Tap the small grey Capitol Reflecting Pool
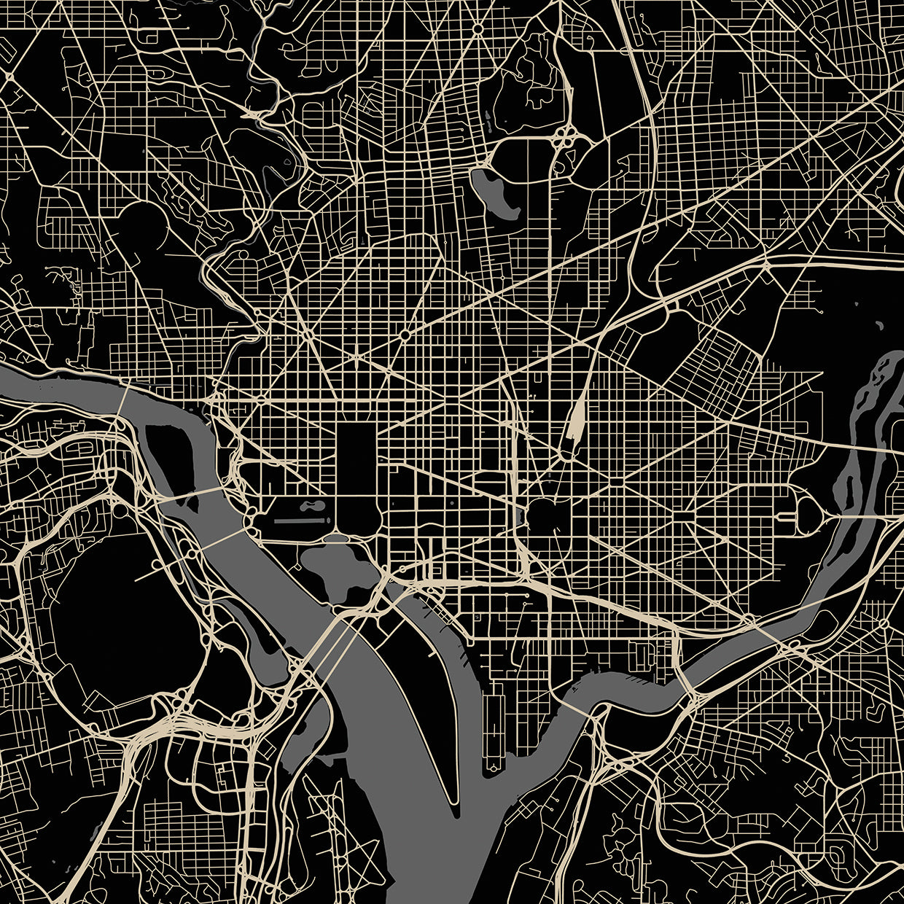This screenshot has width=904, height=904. [519, 516]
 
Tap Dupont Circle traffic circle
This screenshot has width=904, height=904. [308, 334]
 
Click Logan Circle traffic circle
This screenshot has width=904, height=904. [405, 335]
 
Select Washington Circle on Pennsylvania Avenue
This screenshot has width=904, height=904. [260, 400]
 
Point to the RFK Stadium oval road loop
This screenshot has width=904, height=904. [809, 518]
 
